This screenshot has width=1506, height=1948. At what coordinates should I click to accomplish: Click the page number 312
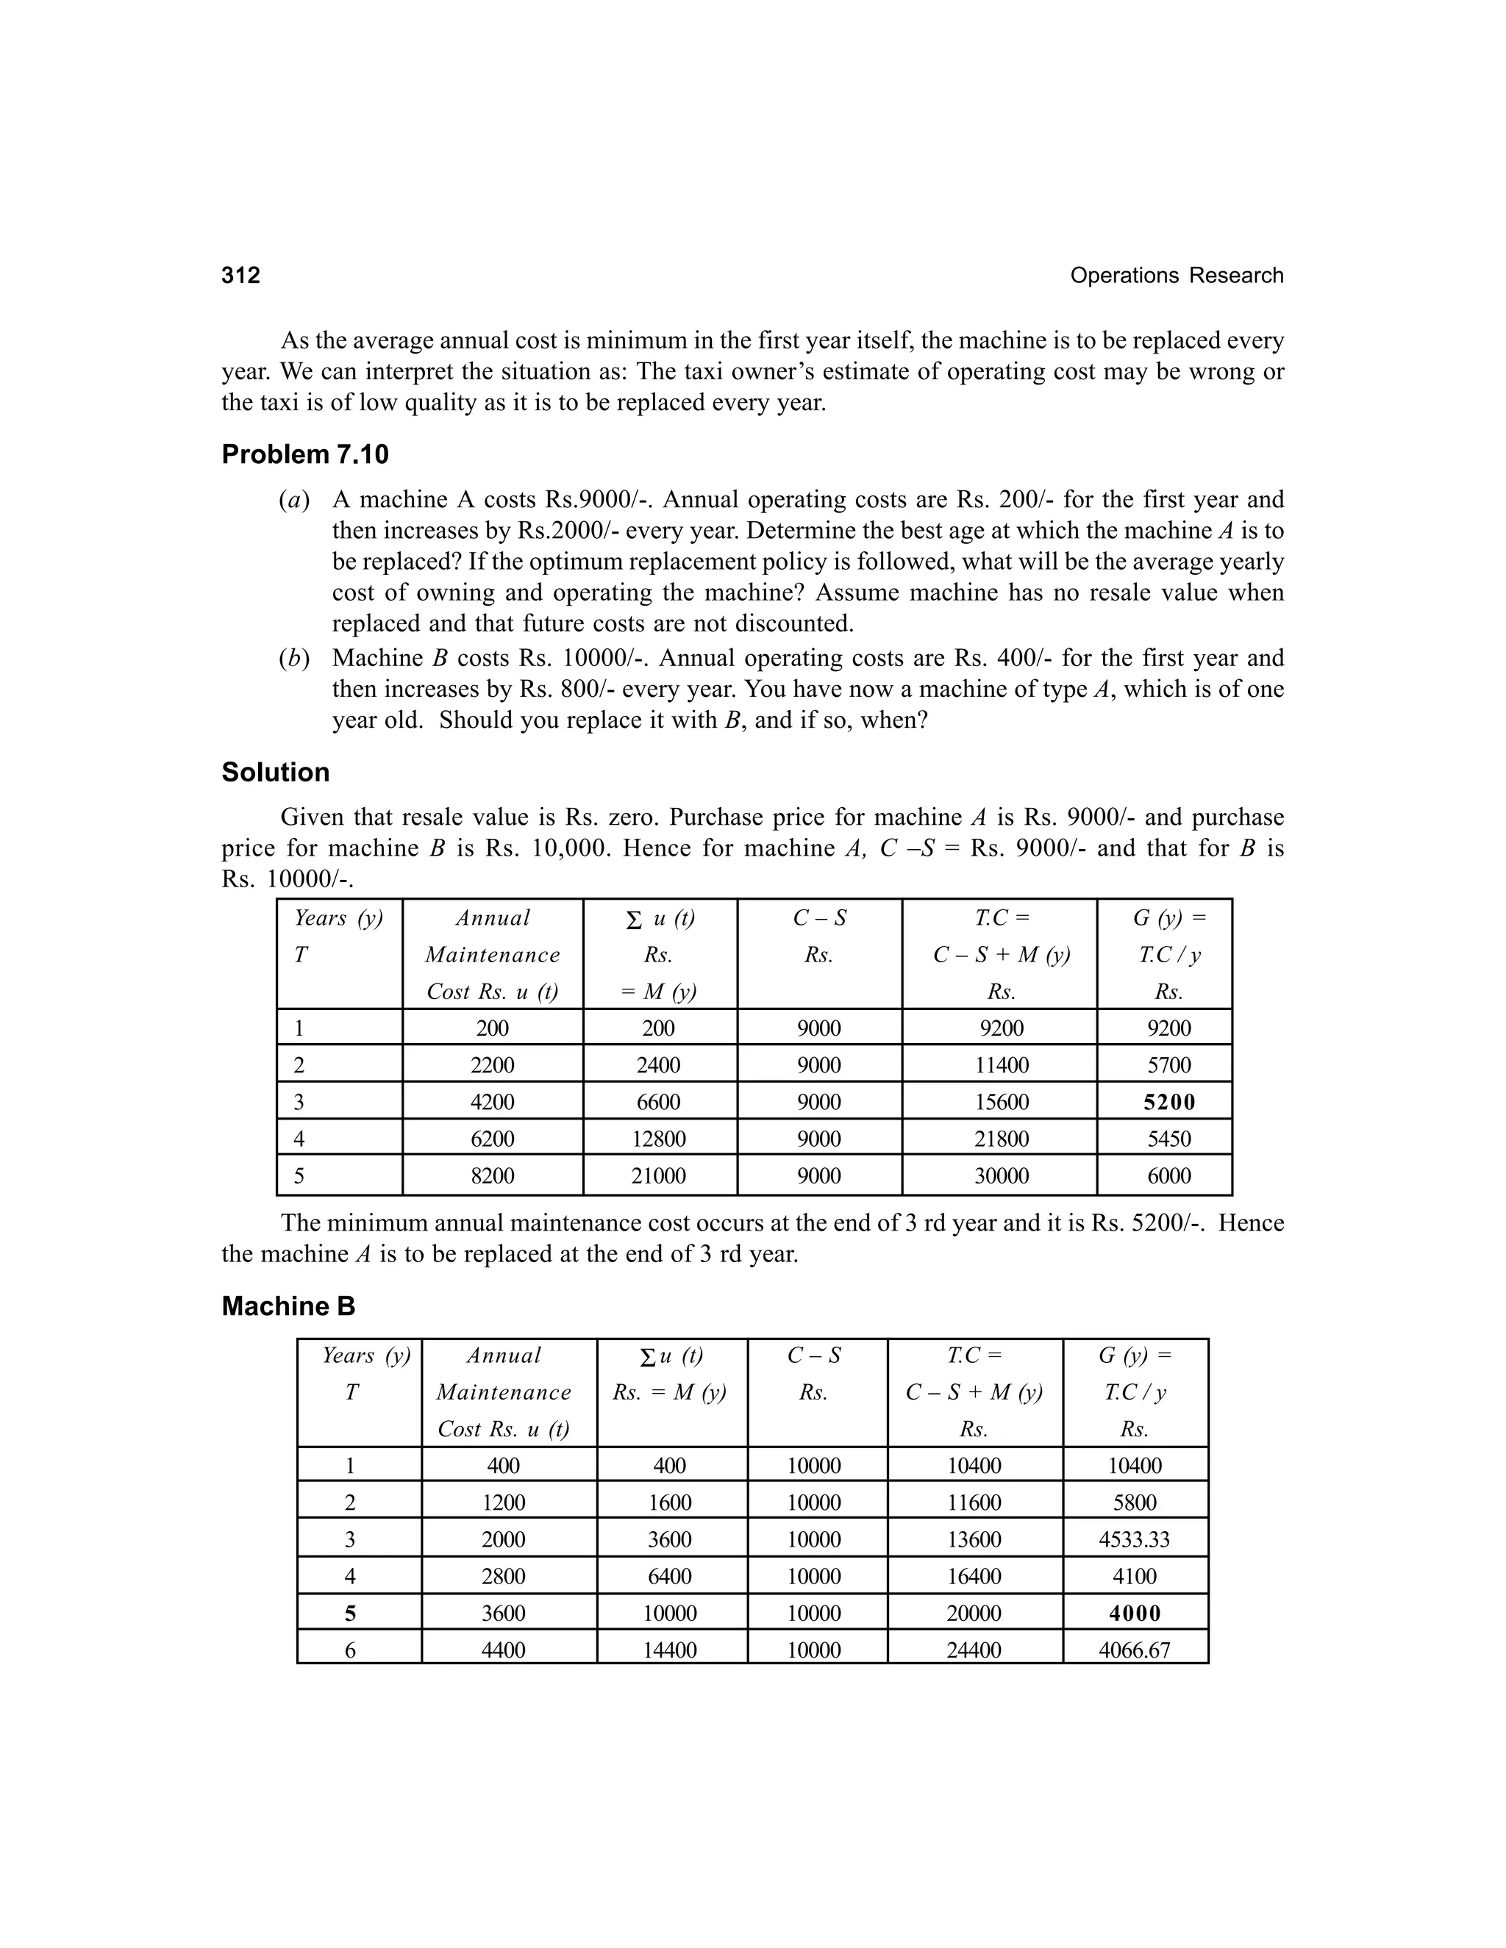[x=241, y=276]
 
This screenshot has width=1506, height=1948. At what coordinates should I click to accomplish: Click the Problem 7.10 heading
[x=305, y=455]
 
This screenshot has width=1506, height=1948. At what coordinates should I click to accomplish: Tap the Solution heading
[x=275, y=773]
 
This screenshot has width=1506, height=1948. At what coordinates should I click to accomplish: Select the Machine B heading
[x=288, y=1307]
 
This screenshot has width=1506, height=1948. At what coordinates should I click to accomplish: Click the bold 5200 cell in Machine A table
[x=1168, y=1103]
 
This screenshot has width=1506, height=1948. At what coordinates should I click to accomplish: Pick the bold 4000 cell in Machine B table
[x=1134, y=1614]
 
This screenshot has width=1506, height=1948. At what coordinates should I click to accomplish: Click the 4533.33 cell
[x=1134, y=1539]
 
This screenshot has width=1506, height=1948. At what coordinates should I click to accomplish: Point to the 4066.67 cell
[x=1134, y=1650]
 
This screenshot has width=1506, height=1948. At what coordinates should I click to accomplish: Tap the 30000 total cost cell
[x=1001, y=1175]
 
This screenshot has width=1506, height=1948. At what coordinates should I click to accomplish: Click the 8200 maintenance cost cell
[x=493, y=1175]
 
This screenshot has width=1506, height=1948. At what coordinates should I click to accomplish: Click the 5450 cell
[x=1168, y=1139]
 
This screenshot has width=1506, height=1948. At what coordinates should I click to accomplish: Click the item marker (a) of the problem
[x=293, y=501]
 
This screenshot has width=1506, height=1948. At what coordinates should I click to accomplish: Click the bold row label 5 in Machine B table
[x=350, y=1614]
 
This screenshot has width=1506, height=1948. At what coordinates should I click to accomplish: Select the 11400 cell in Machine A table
[x=1001, y=1065]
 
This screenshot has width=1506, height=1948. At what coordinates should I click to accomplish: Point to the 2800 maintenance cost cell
[x=503, y=1576]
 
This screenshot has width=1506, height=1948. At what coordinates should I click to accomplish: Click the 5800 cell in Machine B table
[x=1134, y=1503]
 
